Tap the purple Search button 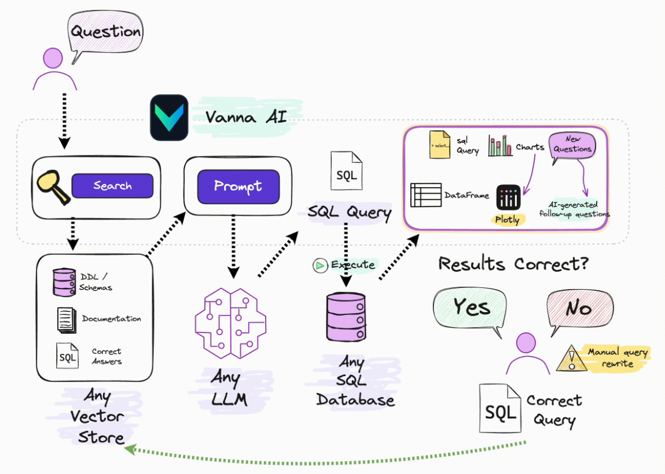click(112, 186)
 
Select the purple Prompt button click(238, 186)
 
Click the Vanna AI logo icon click(169, 118)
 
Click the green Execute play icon click(319, 265)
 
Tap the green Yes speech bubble click(471, 309)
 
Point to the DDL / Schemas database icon click(64, 282)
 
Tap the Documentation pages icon click(67, 319)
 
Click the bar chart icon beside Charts click(500, 146)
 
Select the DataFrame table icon click(425, 195)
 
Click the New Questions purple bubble click(572, 145)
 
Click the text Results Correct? click(513, 264)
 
